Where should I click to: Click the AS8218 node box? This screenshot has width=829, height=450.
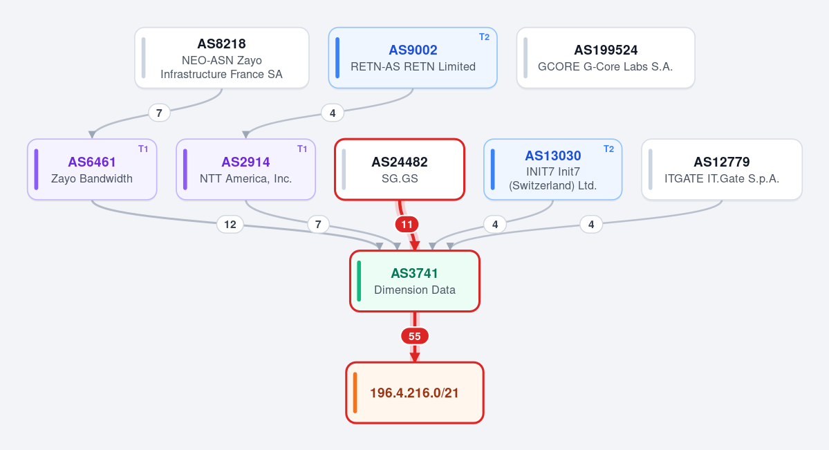click(221, 58)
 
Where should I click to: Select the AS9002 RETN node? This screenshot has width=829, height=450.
click(413, 58)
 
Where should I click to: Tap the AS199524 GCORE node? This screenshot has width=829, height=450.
click(606, 58)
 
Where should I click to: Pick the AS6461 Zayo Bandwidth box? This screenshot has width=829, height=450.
click(92, 170)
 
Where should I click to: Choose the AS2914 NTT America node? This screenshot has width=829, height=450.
click(246, 170)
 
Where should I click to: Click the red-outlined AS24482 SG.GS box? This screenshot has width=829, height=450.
click(400, 170)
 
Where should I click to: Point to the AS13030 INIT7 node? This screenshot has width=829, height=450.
click(552, 170)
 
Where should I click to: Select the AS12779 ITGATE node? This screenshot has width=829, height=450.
click(722, 170)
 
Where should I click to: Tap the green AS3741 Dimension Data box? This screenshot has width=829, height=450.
click(415, 281)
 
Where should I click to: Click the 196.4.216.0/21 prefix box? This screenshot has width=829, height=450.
click(415, 393)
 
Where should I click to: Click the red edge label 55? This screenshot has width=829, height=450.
click(415, 337)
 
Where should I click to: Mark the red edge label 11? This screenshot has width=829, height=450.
click(407, 225)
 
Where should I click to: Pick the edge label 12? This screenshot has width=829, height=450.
click(230, 225)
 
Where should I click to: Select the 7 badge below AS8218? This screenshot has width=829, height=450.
click(159, 113)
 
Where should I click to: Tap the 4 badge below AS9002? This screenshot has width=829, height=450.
click(333, 113)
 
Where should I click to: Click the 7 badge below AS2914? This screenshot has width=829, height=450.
click(318, 225)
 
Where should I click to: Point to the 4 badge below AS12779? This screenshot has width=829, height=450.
click(591, 225)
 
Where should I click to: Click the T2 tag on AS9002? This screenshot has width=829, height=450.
click(484, 37)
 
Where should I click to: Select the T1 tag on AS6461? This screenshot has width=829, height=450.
click(143, 149)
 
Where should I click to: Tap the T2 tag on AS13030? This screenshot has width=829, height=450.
click(608, 149)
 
